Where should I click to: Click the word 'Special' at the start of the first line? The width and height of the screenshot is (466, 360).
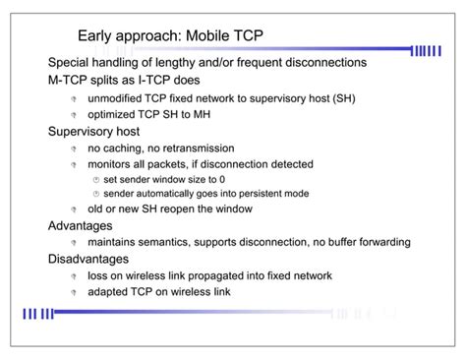point(72,63)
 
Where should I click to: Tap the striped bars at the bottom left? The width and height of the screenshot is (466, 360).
point(40,314)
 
